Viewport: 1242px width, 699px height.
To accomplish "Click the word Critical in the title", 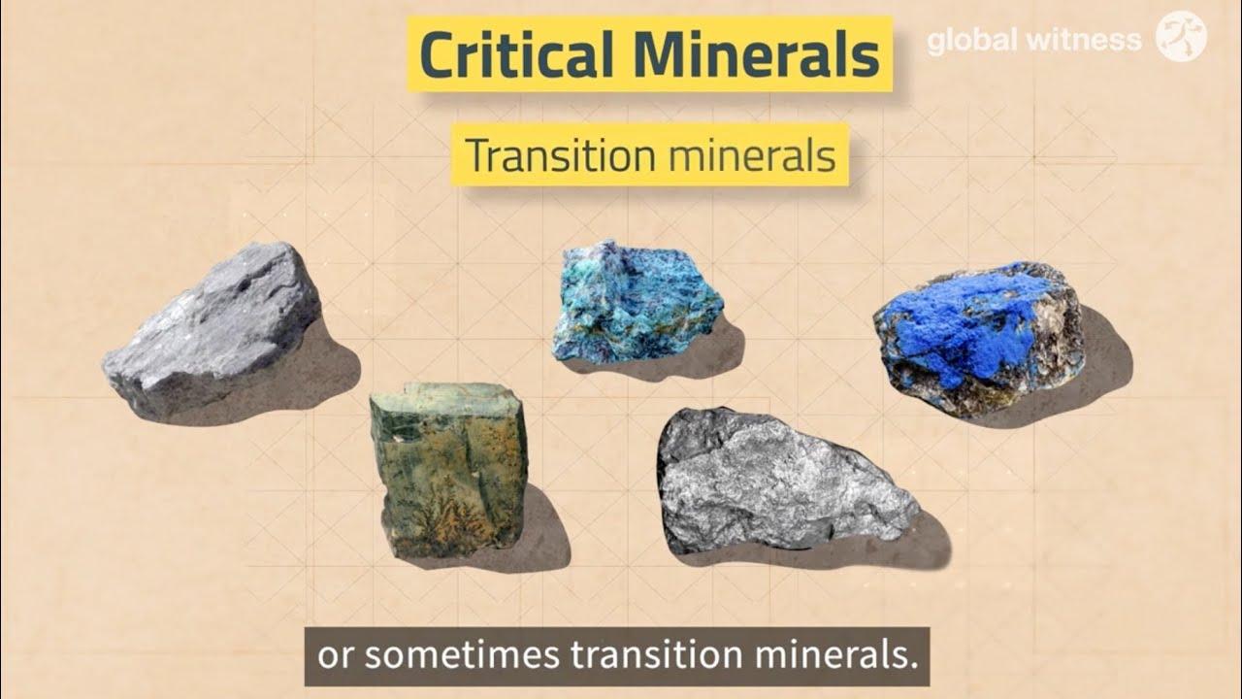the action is [x=516, y=53].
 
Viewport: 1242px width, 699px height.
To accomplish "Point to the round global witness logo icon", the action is [x=1181, y=36].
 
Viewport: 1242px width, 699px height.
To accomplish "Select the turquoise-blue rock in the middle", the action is [x=637, y=301].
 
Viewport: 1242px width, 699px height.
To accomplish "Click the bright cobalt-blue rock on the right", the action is [x=979, y=339].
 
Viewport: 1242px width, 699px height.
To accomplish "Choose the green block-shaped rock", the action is [x=449, y=469].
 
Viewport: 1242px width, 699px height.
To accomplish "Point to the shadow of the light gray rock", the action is [x=310, y=378].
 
